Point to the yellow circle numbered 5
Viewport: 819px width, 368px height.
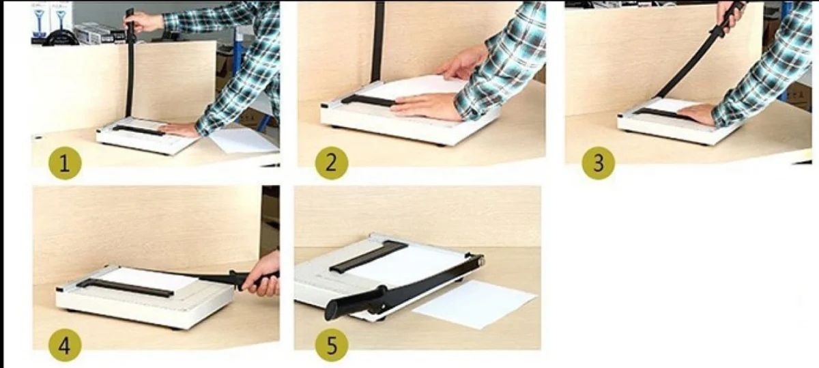(332, 345)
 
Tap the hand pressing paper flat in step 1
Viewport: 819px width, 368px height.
(178, 129)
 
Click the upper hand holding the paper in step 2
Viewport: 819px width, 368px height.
(463, 65)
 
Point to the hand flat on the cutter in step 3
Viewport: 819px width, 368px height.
(697, 114)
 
